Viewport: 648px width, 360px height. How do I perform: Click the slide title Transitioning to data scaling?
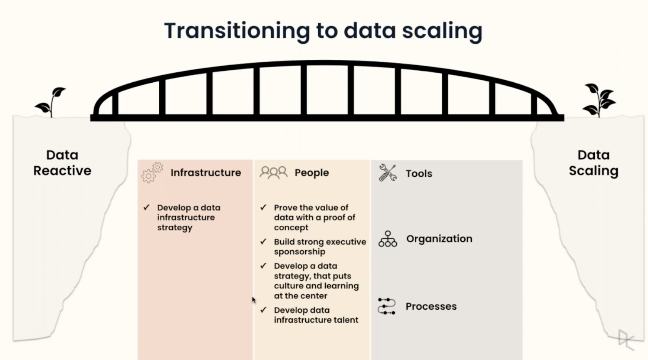pyautogui.click(x=323, y=31)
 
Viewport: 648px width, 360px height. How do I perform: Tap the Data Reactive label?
pyautogui.click(x=62, y=163)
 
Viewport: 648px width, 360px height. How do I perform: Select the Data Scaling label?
pyautogui.click(x=594, y=163)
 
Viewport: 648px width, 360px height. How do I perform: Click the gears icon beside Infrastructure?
pyautogui.click(x=152, y=173)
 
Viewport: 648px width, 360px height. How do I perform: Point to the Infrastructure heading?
pyautogui.click(x=205, y=173)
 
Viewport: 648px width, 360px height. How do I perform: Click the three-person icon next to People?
pyautogui.click(x=273, y=173)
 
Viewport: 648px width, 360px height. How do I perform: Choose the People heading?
pyautogui.click(x=312, y=173)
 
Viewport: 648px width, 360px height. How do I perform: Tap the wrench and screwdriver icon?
pyautogui.click(x=388, y=173)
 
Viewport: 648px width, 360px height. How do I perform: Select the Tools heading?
pyautogui.click(x=419, y=173)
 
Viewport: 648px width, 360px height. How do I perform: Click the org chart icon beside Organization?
pyautogui.click(x=388, y=239)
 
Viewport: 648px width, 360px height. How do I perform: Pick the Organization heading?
pyautogui.click(x=439, y=239)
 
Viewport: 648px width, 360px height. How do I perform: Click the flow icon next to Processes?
pyautogui.click(x=387, y=306)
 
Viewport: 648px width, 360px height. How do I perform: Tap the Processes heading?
pyautogui.click(x=431, y=306)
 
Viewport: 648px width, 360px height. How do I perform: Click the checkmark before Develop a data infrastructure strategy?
pyautogui.click(x=146, y=207)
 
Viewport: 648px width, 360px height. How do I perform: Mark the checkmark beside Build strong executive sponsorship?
pyautogui.click(x=263, y=242)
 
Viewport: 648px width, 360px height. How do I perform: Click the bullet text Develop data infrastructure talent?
pyautogui.click(x=316, y=315)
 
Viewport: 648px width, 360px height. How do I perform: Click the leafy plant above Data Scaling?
pyautogui.click(x=599, y=100)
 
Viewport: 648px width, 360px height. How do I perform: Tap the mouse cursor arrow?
pyautogui.click(x=254, y=300)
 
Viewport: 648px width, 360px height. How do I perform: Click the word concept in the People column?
pyautogui.click(x=291, y=227)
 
